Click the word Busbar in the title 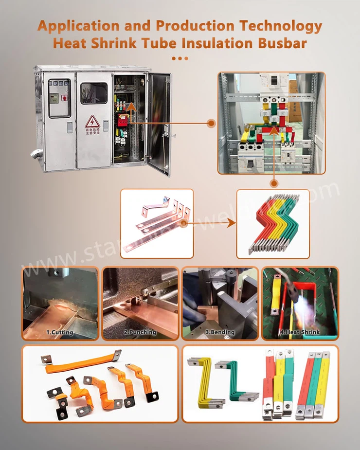(282, 43)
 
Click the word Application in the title (78, 26)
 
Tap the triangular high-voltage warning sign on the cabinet (92, 122)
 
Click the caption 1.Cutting (60, 332)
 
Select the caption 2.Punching (140, 332)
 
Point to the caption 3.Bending (219, 332)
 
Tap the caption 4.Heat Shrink (300, 332)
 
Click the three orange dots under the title (180, 58)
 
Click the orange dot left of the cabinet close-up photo (211, 124)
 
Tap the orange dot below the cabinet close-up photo (273, 183)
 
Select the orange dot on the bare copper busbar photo (183, 224)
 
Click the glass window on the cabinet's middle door (94, 93)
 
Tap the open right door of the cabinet (160, 123)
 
